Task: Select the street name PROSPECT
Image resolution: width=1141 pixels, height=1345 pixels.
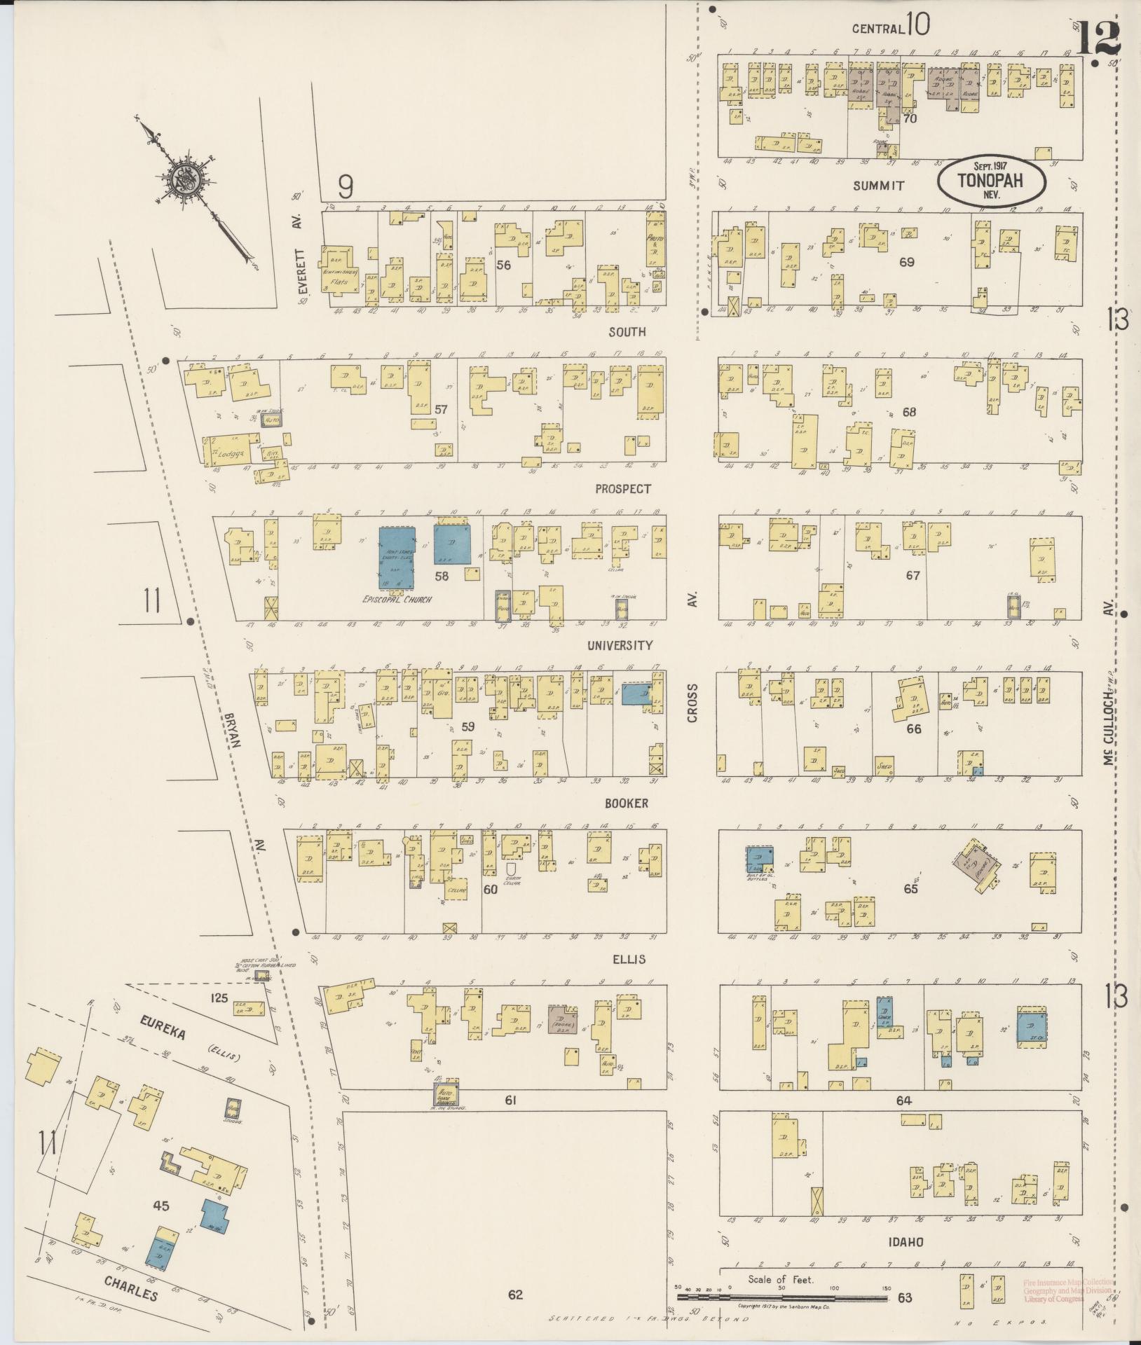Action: [x=623, y=489]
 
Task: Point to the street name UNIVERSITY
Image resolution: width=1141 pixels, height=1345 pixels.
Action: [x=620, y=645]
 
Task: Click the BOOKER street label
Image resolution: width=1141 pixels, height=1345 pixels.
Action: [x=627, y=803]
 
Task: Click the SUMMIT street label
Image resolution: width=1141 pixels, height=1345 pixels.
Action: [x=878, y=186]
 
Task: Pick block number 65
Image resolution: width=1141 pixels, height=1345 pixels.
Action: [x=910, y=889]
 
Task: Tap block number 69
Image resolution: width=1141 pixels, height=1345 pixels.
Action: [x=907, y=262]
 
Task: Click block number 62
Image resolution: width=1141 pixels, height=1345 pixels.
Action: [x=515, y=1295]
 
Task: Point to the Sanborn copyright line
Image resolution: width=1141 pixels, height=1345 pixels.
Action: [x=784, y=1306]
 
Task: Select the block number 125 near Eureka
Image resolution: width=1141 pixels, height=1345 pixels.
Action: [x=220, y=998]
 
